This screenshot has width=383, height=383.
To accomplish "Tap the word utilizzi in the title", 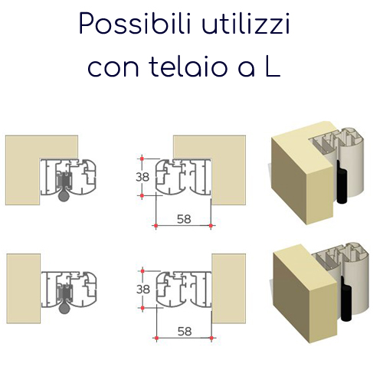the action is click(x=246, y=24).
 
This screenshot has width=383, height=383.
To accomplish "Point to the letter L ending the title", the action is click(x=273, y=65).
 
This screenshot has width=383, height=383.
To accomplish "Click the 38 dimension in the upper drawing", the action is click(x=142, y=177).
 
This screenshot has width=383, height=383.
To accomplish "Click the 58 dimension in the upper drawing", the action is click(x=184, y=219).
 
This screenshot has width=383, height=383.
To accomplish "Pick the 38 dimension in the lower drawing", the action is click(x=143, y=290).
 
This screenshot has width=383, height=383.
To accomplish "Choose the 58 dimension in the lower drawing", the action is click(x=185, y=331).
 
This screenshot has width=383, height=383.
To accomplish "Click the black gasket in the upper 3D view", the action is click(x=342, y=182).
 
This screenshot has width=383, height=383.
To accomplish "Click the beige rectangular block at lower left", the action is click(x=24, y=289).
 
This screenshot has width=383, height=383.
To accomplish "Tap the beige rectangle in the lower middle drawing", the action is click(x=229, y=289).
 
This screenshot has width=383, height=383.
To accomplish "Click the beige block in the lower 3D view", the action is click(x=305, y=293).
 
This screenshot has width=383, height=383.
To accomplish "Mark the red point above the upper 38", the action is click(x=142, y=159).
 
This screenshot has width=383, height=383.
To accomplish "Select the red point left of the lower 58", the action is click(x=156, y=338).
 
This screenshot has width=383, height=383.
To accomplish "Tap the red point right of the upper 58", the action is click(x=211, y=226).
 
